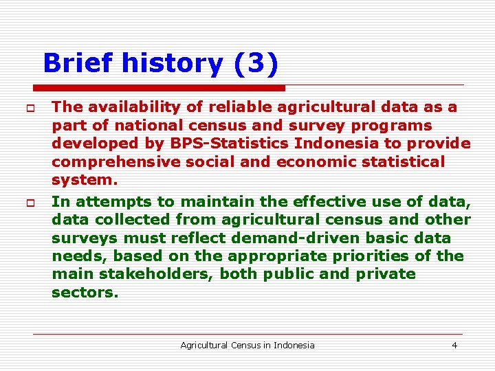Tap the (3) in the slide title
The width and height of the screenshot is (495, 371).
pos(256,64)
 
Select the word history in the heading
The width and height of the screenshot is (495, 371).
pos(172,64)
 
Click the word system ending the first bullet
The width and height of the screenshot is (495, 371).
pos(84,181)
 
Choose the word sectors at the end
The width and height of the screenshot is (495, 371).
pos(85,292)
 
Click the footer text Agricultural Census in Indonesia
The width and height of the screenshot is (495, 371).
pos(247,345)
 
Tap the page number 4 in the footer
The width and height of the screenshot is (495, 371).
pos(454,345)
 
